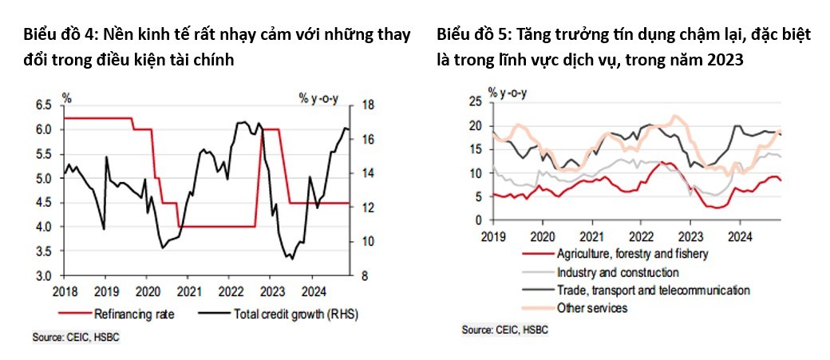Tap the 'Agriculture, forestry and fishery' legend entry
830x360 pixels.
coord(630,254)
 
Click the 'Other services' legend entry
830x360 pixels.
coord(592,308)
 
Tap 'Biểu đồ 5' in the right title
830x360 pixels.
coord(472,35)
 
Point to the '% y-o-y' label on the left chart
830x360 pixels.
coord(319,98)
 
